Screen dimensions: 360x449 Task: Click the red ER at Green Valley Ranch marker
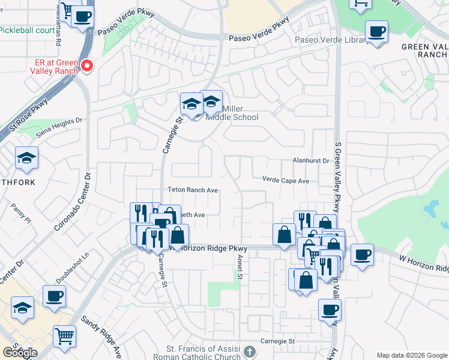[87, 65]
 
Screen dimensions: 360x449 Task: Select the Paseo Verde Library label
[331, 40]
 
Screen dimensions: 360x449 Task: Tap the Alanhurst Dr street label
[311, 161]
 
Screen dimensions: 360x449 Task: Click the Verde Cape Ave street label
[285, 180]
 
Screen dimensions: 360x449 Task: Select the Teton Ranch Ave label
[192, 190]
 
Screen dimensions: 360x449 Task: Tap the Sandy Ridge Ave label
[101, 338]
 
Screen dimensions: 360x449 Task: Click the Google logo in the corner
[20, 353]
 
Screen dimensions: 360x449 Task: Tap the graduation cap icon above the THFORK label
[26, 158]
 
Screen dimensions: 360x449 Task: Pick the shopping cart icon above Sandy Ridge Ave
[64, 336]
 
